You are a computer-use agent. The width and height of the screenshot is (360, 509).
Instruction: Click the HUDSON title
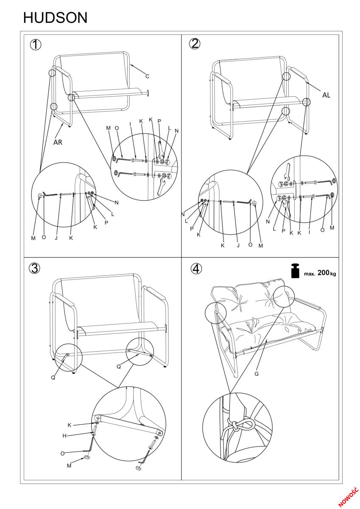point(55,18)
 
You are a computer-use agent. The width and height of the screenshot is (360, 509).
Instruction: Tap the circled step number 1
point(36,45)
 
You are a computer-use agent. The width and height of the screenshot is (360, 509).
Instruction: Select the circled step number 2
point(195,43)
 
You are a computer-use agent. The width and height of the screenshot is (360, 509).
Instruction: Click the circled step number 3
point(34,268)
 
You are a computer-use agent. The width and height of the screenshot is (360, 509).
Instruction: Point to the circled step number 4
point(196,268)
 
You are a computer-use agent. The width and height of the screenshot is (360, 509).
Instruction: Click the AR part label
point(58,143)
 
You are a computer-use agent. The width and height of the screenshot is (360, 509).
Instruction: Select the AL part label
point(326,95)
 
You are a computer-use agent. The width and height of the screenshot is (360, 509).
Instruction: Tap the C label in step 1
point(147,76)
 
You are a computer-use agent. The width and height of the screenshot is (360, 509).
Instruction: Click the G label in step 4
point(257,374)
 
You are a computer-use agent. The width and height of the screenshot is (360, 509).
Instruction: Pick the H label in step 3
point(64,436)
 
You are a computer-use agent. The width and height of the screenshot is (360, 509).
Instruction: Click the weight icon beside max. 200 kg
point(296,271)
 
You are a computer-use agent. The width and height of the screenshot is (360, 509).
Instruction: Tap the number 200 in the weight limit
point(324,272)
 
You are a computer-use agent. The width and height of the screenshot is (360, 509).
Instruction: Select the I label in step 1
point(130,124)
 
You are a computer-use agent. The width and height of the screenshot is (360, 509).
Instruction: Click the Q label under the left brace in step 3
point(53,378)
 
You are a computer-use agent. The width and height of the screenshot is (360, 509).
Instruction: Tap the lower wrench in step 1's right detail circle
point(162,187)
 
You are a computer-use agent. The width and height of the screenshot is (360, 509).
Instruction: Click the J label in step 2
point(238,246)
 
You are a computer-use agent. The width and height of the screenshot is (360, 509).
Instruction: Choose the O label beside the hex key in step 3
point(62,453)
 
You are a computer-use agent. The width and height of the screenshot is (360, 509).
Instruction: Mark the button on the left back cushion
point(239,304)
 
